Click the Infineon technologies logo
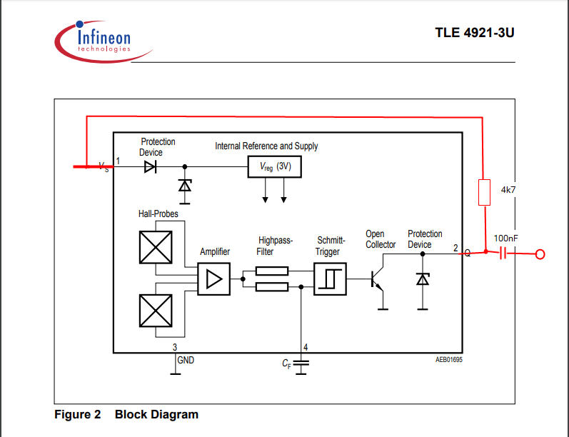pyautogui.click(x=104, y=41)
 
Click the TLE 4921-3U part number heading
pyautogui.click(x=475, y=33)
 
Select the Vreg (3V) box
pyautogui.click(x=274, y=166)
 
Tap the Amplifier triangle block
pyautogui.click(x=213, y=278)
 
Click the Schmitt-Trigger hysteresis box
pyautogui.click(x=330, y=278)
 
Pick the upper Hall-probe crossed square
pyautogui.click(x=156, y=247)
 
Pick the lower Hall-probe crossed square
pyautogui.click(x=156, y=311)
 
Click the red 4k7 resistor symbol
pyautogui.click(x=485, y=192)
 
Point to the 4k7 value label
pyautogui.click(x=508, y=190)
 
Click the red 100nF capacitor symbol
pyautogui.click(x=503, y=253)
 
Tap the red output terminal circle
pyautogui.click(x=540, y=254)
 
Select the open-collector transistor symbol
pyautogui.click(x=378, y=281)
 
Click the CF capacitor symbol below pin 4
pyautogui.click(x=301, y=365)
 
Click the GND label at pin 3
pyautogui.click(x=186, y=360)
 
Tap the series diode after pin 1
pyautogui.click(x=150, y=167)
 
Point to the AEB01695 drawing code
pyautogui.click(x=449, y=360)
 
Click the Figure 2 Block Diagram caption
pyautogui.click(x=126, y=414)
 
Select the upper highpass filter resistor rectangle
pyautogui.click(x=272, y=271)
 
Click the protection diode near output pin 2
pyautogui.click(x=423, y=279)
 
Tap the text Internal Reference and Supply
pyautogui.click(x=266, y=146)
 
